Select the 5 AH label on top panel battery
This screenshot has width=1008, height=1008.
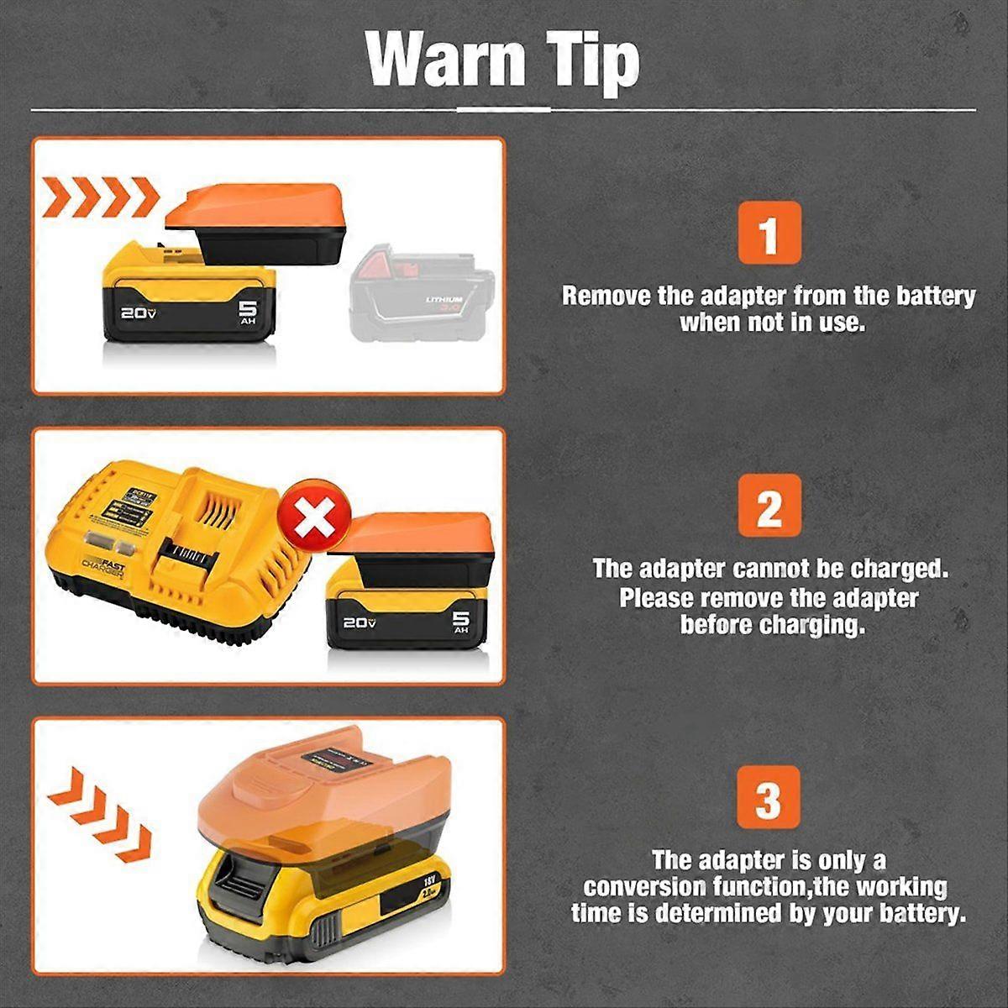pos(248,312)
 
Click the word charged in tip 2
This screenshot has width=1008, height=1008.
pos(899,569)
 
